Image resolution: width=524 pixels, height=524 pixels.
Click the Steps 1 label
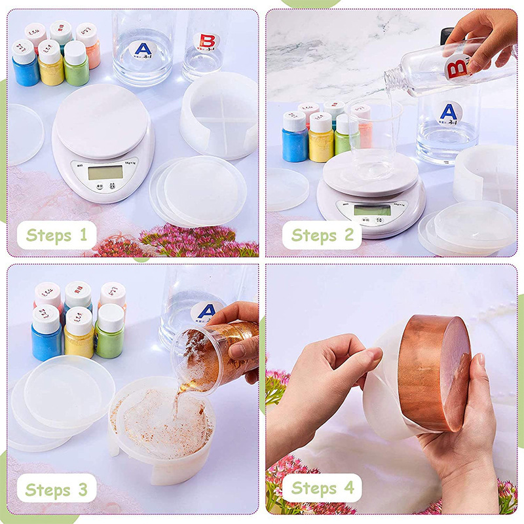(x=57, y=234)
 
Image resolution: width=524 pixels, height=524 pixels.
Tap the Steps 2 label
(x=322, y=234)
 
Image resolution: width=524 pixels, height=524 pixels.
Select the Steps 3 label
(x=56, y=489)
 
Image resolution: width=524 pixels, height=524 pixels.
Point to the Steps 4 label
(x=322, y=488)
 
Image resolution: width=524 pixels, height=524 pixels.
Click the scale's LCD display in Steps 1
(x=105, y=172)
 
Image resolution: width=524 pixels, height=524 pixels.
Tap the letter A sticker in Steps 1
(x=143, y=50)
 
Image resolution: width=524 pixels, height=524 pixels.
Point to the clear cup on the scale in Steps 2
(x=374, y=131)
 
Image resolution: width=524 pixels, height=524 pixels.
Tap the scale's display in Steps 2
(x=371, y=210)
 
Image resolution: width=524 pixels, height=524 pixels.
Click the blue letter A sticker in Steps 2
(x=449, y=111)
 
